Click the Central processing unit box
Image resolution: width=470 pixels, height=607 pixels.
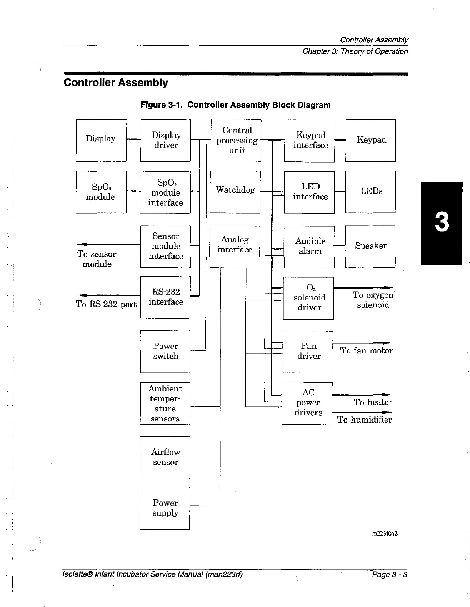coord(236,140)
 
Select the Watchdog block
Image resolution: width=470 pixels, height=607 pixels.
coord(235,192)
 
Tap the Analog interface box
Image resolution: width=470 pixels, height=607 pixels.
coord(235,246)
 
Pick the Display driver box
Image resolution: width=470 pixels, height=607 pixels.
coord(166,140)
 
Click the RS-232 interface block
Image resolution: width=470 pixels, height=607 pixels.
coord(165,297)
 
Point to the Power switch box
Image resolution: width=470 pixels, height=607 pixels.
coord(165,351)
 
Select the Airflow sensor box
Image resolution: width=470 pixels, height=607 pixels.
coord(165,457)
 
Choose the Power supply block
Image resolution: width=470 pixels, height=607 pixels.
coord(165,508)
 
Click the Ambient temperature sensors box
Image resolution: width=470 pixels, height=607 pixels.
coord(165,403)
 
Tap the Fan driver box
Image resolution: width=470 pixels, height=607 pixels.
coord(308,352)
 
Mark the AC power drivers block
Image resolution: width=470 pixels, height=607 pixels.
coord(307,403)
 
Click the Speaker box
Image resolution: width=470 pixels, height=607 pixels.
coord(370,246)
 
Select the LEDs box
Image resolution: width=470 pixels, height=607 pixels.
coord(371,191)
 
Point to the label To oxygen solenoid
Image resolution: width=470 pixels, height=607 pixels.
coord(373,300)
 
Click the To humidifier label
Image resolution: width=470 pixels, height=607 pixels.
coord(365,420)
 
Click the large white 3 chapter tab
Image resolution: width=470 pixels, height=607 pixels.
coord(442,223)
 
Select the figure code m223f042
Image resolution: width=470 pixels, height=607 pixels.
coord(385,533)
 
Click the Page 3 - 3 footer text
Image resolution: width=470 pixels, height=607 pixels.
coord(389,575)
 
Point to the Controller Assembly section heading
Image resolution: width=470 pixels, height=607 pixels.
coord(116,83)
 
